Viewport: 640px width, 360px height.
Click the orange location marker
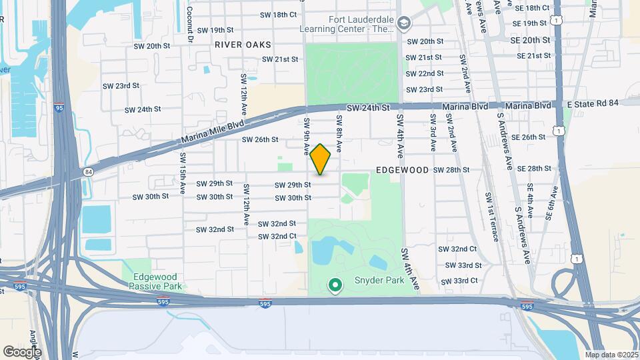click(321, 159)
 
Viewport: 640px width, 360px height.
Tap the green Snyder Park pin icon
click(335, 287)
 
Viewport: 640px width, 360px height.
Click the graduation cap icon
click(403, 24)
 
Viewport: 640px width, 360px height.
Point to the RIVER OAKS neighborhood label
click(243, 45)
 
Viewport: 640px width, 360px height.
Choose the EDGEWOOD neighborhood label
click(402, 170)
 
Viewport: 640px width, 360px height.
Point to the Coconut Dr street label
click(190, 25)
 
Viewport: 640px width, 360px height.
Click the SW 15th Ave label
click(182, 173)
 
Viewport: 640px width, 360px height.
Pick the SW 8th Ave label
click(339, 131)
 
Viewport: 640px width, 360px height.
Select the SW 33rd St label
click(460, 265)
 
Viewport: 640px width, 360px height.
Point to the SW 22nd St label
click(425, 73)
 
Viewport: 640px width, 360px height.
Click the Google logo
click(22, 351)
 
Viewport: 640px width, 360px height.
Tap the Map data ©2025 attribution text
click(611, 355)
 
